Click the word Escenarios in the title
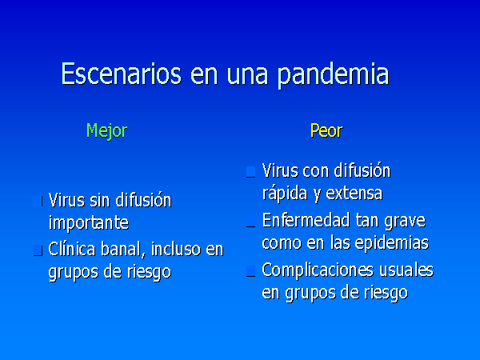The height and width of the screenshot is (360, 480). (122, 74)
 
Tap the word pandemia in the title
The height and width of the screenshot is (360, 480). (334, 76)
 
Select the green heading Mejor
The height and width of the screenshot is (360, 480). (106, 131)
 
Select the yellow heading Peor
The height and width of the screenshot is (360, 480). (326, 130)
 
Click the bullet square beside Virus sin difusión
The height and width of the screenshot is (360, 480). (38, 202)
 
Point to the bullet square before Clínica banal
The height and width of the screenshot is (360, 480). (38, 250)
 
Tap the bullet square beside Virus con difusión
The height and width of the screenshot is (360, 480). (250, 172)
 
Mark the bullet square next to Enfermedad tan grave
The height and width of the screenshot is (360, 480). (250, 222)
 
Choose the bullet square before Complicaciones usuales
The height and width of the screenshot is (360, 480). (250, 271)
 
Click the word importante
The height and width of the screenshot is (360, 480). (89, 223)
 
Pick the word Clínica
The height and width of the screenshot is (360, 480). (72, 249)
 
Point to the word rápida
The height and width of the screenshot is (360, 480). (284, 194)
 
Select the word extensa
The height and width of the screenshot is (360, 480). (354, 194)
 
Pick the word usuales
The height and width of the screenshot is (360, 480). (406, 270)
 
